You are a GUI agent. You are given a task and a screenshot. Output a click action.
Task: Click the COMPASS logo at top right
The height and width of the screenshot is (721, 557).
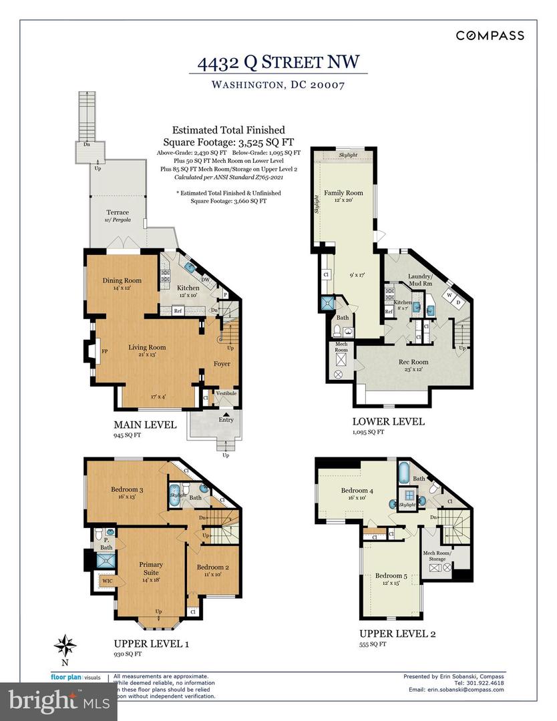tap(490, 35)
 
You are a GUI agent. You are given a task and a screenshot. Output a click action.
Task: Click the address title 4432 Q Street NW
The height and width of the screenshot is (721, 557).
tap(278, 63)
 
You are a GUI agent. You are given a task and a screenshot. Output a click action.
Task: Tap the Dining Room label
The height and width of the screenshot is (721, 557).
tap(122, 280)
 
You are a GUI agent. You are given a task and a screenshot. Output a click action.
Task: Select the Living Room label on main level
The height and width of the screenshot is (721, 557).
tap(147, 347)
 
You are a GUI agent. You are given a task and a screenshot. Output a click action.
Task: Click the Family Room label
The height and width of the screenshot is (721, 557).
tap(338, 193)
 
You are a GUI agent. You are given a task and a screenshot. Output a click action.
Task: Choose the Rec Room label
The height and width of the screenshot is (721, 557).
tap(413, 362)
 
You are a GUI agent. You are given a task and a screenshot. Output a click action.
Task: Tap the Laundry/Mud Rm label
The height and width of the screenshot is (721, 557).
tap(421, 279)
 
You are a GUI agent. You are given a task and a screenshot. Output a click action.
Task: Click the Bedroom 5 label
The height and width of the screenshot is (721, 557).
tap(388, 576)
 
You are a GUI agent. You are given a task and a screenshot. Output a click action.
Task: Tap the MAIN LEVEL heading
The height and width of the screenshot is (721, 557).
tap(145, 425)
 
